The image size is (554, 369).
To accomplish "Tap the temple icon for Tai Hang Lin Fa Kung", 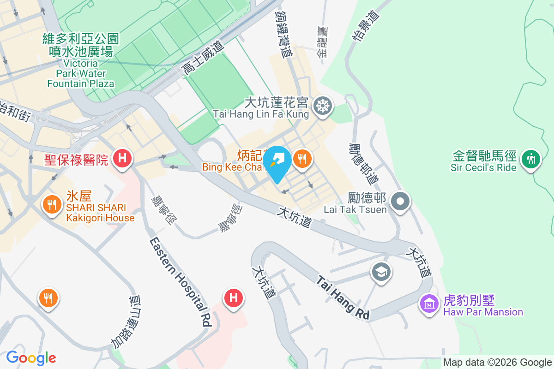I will point(322,106).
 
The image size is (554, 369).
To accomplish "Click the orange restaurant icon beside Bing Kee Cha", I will point(302,160).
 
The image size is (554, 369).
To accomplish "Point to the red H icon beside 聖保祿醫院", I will point(122,159).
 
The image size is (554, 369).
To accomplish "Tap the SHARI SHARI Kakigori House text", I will point(100,213).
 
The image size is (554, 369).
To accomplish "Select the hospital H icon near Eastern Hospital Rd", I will point(234,298).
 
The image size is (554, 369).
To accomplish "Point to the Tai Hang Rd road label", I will point(343,298).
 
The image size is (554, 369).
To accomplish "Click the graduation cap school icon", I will point(381,272).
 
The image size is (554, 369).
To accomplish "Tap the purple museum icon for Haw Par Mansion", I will point(429,304).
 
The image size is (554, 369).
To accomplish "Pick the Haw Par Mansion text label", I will point(483,307).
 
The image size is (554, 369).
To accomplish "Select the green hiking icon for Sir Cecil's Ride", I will point(530,159).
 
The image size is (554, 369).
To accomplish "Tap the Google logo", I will point(31,357).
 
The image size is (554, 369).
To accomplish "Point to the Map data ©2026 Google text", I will point(497,363).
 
